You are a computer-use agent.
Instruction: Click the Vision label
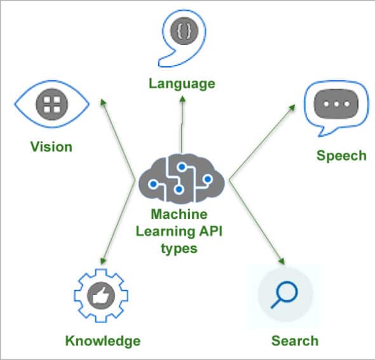51,147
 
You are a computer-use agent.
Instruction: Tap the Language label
182,83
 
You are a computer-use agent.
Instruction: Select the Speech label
341,155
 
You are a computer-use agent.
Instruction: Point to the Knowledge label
102,341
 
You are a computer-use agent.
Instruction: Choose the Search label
294,341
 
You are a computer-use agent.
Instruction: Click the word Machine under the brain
179,216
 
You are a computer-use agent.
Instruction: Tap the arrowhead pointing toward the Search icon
281,261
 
